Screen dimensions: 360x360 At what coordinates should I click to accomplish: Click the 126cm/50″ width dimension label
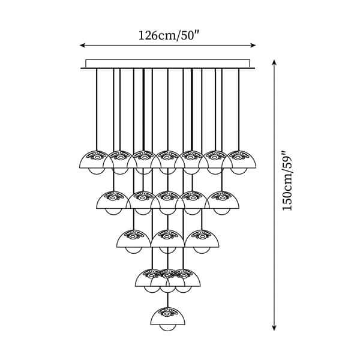[x=168, y=35]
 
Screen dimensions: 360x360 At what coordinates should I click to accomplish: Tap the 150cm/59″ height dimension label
[x=287, y=181]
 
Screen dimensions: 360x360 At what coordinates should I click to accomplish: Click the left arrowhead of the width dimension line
[x=83, y=45]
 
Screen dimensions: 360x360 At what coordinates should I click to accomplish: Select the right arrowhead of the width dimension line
[x=253, y=45]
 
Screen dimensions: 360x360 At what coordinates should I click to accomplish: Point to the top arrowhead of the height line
[x=274, y=62]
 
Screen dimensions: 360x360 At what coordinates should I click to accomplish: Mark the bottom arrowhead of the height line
[x=274, y=328]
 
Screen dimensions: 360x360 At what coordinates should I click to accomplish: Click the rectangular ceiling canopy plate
[x=168, y=64]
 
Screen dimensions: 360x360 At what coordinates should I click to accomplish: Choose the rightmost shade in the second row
[x=222, y=200]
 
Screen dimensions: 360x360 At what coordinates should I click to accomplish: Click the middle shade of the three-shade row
[x=168, y=239]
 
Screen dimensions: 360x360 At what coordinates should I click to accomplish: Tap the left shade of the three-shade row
[x=134, y=239]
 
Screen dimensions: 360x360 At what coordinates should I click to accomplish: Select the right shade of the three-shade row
[x=202, y=239]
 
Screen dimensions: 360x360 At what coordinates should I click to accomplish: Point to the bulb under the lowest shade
[x=168, y=328]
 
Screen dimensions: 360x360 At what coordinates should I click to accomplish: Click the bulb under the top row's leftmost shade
[x=97, y=171]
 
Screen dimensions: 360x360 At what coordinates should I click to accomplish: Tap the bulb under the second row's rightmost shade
[x=222, y=212]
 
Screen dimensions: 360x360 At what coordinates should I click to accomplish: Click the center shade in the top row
[x=168, y=160]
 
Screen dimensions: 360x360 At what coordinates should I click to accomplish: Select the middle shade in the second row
[x=168, y=200]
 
